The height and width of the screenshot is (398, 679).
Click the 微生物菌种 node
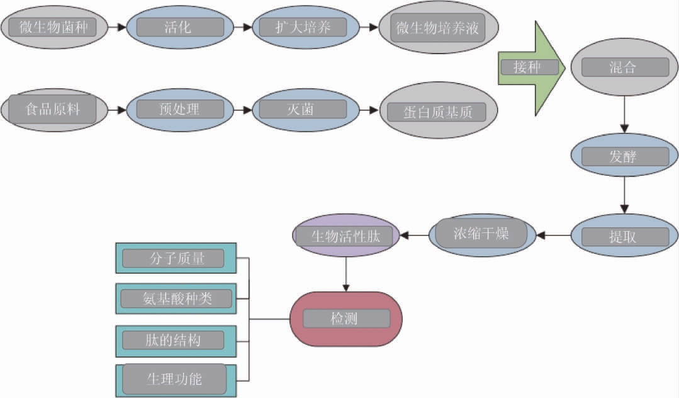coord(53,28)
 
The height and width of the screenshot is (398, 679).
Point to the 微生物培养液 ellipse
coord(438,28)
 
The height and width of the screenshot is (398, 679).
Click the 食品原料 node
coord(53,110)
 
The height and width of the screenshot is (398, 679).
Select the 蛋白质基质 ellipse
coord(438,112)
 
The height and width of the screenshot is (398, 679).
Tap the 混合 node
coord(623,68)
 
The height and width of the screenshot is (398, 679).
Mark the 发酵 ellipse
coord(623,156)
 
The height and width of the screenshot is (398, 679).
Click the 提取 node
coord(623,236)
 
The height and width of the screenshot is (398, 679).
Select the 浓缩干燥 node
coord(482,235)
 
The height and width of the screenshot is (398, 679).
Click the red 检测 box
coord(345,319)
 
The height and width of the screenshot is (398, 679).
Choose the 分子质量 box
coord(176,258)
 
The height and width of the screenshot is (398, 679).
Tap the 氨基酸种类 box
coord(176,298)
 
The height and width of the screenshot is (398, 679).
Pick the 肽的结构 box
coord(176,341)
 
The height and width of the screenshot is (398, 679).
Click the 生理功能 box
coord(176,379)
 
